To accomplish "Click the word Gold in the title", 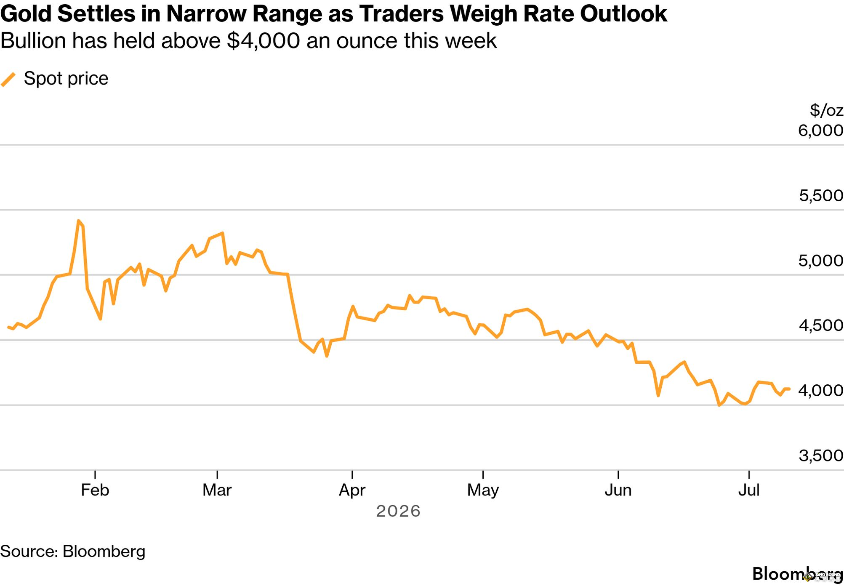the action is click(x=26, y=13).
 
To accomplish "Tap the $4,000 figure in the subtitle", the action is click(x=263, y=41).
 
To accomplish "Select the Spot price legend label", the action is click(x=66, y=79).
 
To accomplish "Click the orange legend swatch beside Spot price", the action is click(x=8, y=80).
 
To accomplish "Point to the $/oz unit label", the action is click(x=826, y=110).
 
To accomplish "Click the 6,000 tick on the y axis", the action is click(x=821, y=131).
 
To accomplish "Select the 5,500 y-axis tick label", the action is click(x=821, y=195).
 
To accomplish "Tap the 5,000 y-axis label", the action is click(x=821, y=261).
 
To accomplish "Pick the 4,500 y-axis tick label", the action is click(x=821, y=325).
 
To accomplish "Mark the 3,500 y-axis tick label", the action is click(x=821, y=455).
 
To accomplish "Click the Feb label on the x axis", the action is click(x=95, y=490).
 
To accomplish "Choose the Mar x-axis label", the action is click(x=217, y=490).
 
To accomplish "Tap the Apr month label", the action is click(x=352, y=490).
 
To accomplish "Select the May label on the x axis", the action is click(x=483, y=490).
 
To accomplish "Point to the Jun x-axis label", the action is click(x=618, y=490).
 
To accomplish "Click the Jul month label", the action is click(x=749, y=490).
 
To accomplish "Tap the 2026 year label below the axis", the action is click(x=398, y=511).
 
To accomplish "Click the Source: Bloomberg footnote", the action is click(x=73, y=551).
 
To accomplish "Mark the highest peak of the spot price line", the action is click(x=79, y=221).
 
